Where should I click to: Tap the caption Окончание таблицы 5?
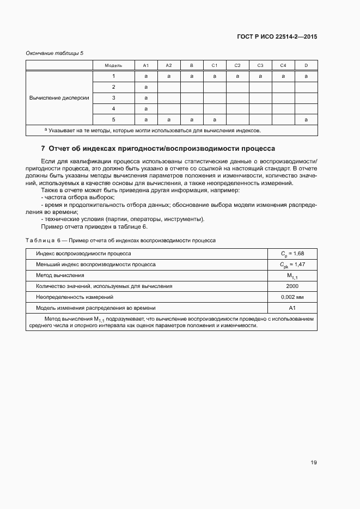(x=54, y=53)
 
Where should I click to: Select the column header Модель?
(x=113, y=65)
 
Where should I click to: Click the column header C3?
(x=260, y=65)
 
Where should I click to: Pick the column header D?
(x=306, y=65)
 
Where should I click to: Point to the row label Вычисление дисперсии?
(x=59, y=98)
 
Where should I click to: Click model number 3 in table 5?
(x=113, y=98)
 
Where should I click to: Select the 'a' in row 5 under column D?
(x=306, y=119)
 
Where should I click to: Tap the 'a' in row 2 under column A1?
(x=146, y=87)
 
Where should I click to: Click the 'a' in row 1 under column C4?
(x=283, y=76)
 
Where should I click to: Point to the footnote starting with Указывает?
(x=152, y=131)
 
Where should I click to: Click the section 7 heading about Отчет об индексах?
(x=158, y=149)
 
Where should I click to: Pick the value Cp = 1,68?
(x=292, y=254)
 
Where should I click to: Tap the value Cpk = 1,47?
(x=292, y=265)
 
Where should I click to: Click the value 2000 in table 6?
(x=292, y=286)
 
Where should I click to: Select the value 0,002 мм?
(x=292, y=297)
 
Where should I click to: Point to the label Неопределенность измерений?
(x=75, y=297)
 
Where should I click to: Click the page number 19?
(x=314, y=463)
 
